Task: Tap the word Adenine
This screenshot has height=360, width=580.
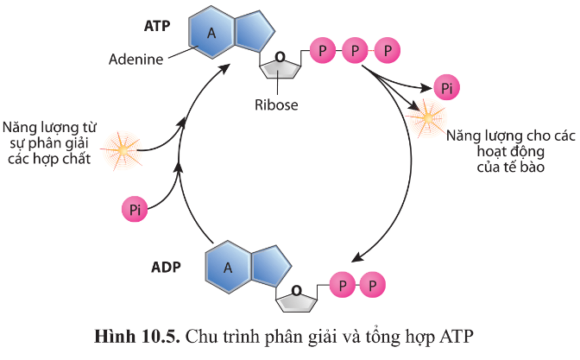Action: coord(136,60)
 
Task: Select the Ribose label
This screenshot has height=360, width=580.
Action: coord(276,105)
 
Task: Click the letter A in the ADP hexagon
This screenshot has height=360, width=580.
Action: coord(229,266)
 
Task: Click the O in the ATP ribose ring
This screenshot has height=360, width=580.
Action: coord(278,59)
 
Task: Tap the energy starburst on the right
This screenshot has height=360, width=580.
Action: coord(425,115)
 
